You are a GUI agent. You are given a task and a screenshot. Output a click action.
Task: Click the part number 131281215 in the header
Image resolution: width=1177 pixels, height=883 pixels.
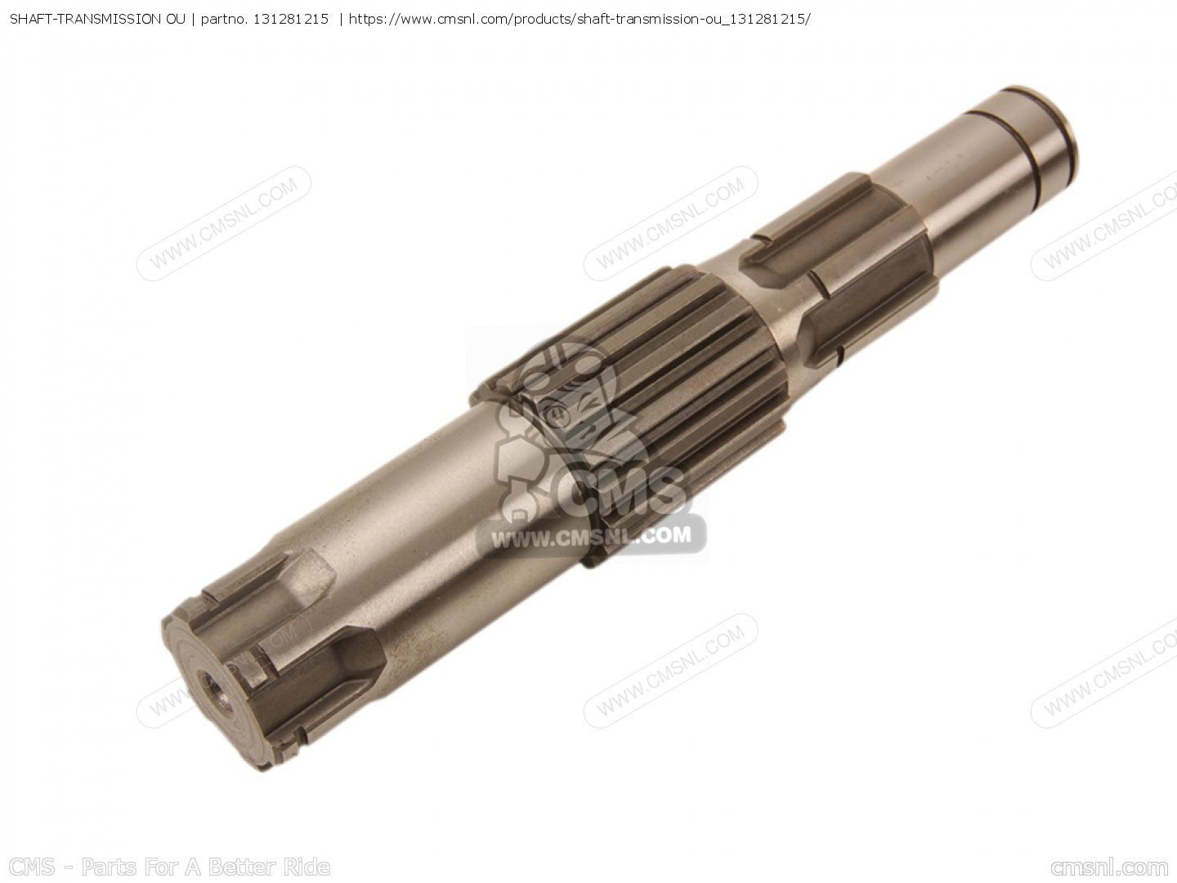(291, 20)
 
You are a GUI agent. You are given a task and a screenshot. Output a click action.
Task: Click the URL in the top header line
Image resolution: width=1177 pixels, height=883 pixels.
(580, 20)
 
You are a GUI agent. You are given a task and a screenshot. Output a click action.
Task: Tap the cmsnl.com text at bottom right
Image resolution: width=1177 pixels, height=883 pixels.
(1109, 867)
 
